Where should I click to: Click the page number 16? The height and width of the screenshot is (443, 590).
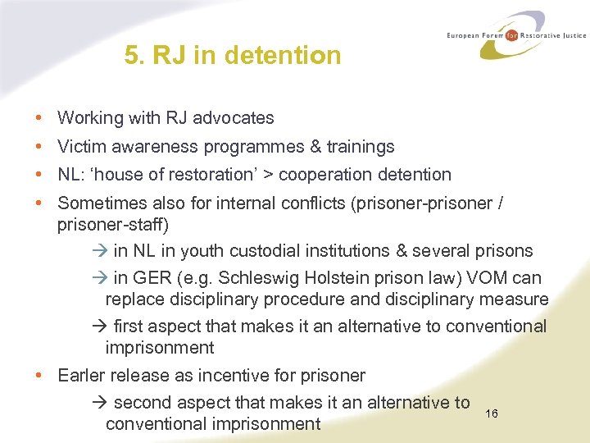point(492,413)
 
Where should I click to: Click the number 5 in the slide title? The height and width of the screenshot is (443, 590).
point(131,55)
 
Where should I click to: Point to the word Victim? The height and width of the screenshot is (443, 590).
point(80,147)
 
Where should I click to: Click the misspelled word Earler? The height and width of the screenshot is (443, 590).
point(83,376)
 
